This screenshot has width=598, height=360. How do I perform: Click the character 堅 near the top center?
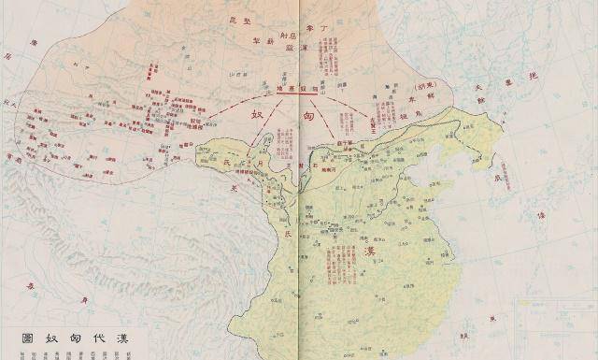click(249, 19)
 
